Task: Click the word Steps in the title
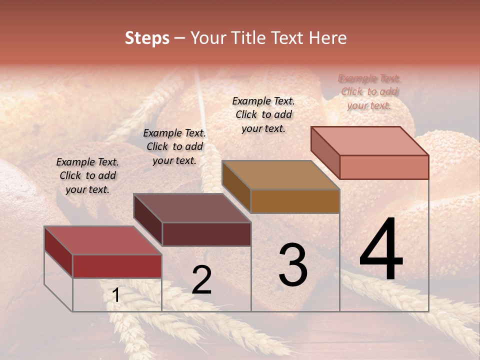pos(147,38)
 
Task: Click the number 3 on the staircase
pos(293,265)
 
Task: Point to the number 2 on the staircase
pos(201,280)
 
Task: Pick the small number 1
pos(116,295)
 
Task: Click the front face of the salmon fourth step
pos(384,167)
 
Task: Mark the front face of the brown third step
pos(295,201)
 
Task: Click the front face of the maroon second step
pos(206,234)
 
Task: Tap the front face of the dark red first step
pos(117,266)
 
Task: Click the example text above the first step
pos(87,175)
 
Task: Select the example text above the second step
pos(174,146)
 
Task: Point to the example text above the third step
pos(263,114)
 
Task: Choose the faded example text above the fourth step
pos(369,91)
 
